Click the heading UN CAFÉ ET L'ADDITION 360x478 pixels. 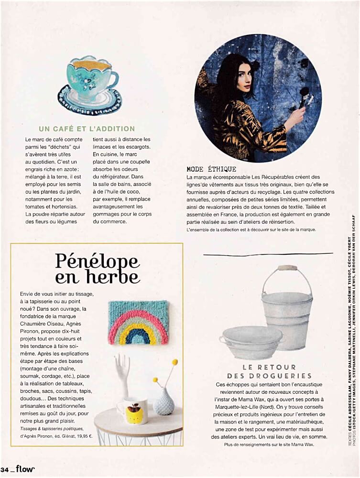pos(87,129)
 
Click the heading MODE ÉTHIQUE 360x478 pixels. pos(211,169)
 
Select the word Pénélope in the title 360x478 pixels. pos(97,261)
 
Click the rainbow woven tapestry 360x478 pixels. pos(138,323)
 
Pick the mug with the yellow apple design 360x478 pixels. pos(133,410)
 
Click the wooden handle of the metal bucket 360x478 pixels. pos(287,268)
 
